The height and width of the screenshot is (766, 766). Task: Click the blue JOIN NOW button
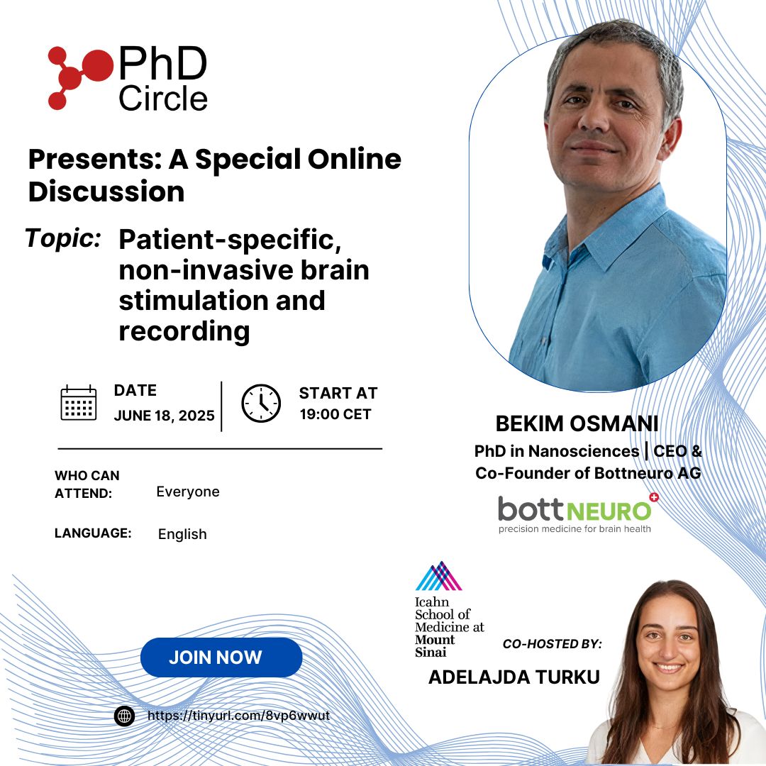221,657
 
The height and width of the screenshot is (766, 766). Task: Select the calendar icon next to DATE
79,403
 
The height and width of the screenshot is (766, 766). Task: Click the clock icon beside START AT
261,404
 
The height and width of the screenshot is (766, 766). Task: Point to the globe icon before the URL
125,716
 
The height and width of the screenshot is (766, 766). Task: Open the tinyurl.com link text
239,716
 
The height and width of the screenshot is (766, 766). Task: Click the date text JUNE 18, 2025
164,416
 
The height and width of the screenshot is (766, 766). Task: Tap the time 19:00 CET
335,414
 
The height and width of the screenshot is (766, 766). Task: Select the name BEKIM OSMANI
577,423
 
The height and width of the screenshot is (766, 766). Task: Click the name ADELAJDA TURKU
514,677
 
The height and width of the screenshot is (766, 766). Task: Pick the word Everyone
188,492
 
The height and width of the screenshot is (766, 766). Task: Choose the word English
182,534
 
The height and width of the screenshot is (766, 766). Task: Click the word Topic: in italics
64,239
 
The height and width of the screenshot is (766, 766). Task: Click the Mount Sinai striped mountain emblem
439,576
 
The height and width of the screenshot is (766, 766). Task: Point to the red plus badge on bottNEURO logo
654,497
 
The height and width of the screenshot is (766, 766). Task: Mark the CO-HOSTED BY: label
552,644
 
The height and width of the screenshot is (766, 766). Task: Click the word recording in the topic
184,332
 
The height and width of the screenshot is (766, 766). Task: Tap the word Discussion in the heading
106,191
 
